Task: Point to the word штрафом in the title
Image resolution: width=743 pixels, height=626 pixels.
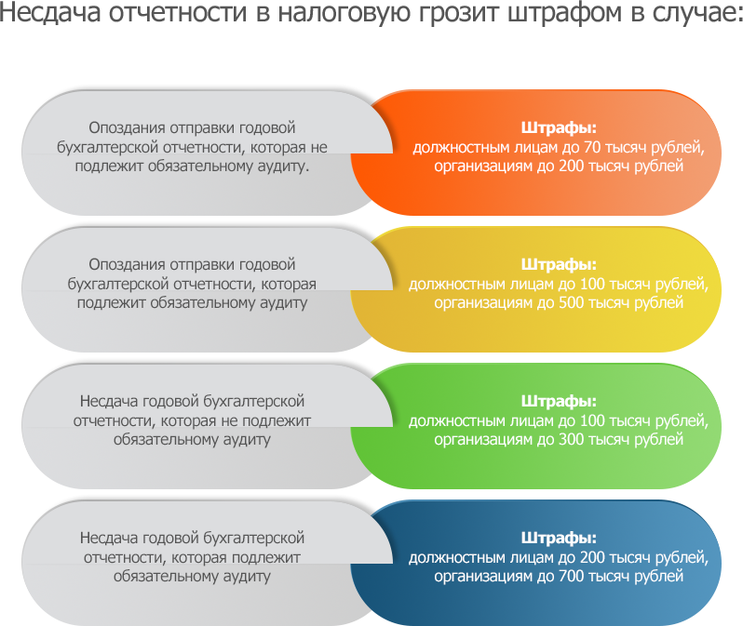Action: [x=564, y=13]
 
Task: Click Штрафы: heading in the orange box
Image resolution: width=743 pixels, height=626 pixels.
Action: [x=559, y=128]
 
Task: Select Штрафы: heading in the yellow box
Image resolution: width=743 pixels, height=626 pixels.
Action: [x=559, y=265]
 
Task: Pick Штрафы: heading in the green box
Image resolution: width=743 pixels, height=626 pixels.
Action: [x=559, y=402]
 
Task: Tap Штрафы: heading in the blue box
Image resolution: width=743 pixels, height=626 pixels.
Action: [x=559, y=539]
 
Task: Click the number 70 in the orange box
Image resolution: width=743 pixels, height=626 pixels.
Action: [x=592, y=147]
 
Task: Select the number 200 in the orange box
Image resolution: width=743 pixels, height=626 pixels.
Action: [x=571, y=166]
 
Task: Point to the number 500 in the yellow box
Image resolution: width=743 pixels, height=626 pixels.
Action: [x=571, y=302]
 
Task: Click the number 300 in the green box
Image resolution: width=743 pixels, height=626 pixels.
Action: [x=571, y=439]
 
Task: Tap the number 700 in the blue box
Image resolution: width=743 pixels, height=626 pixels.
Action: [x=571, y=577]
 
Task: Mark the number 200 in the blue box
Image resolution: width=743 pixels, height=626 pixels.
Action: [x=592, y=557]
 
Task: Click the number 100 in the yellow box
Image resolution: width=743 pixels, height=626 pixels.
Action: [x=592, y=284]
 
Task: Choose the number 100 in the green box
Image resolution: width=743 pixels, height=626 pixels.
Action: [x=592, y=420]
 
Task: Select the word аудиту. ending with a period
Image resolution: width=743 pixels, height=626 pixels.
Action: [x=283, y=167]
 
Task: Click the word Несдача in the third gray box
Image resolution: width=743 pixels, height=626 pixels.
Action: [x=109, y=402]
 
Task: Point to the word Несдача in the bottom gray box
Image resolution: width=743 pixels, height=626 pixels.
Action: [x=109, y=539]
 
